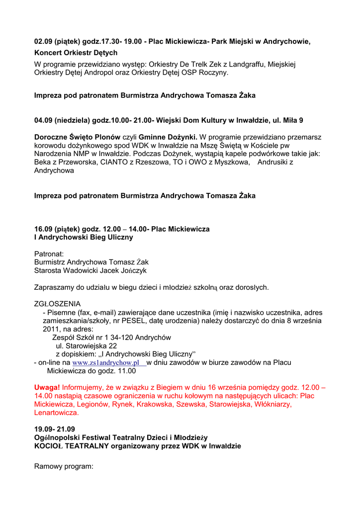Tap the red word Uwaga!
click(x=47, y=387)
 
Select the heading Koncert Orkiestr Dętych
click(x=76, y=53)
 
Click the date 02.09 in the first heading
click(x=43, y=41)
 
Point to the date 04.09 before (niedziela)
click(x=43, y=120)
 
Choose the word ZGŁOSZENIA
click(x=57, y=304)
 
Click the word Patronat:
click(x=49, y=254)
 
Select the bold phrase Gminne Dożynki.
click(x=168, y=137)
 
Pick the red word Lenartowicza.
click(x=56, y=413)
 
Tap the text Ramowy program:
click(x=64, y=467)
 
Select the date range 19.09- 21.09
click(x=54, y=429)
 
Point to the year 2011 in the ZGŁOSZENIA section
click(x=51, y=329)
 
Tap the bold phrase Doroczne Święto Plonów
click(x=78, y=137)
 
